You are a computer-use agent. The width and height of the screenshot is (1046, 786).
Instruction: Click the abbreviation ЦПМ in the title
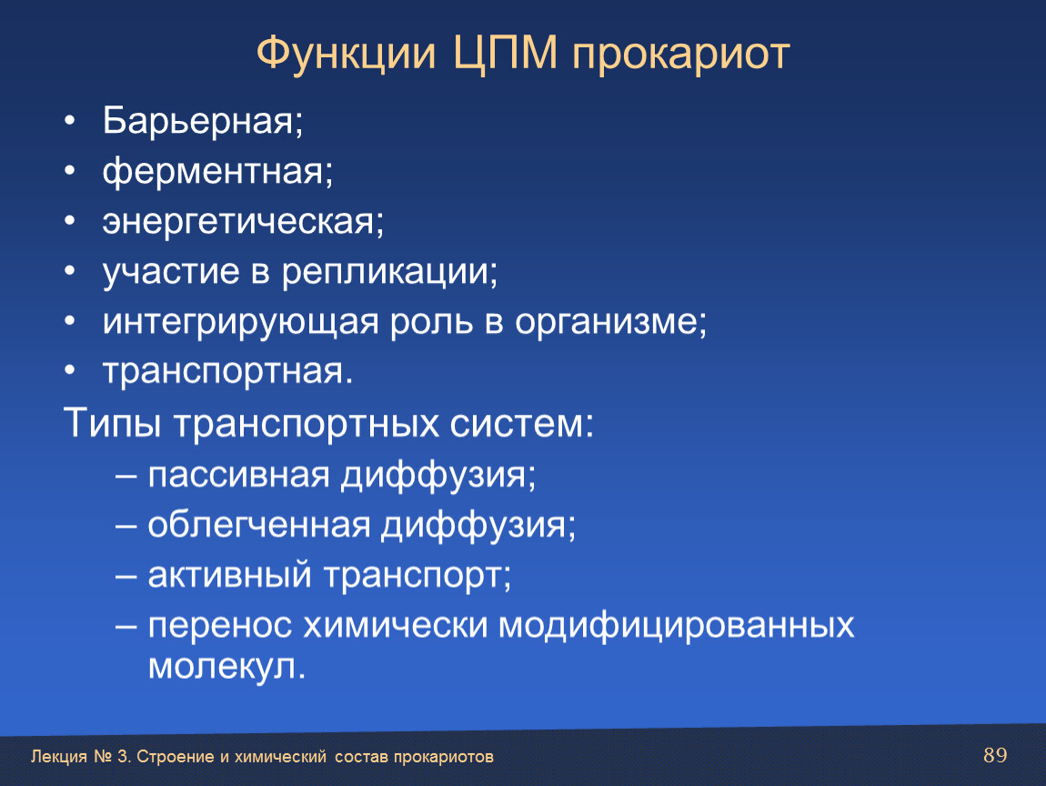tap(505, 54)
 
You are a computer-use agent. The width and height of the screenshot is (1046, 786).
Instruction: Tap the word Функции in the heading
tap(347, 53)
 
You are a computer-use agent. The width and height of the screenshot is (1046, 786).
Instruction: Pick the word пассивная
tap(239, 476)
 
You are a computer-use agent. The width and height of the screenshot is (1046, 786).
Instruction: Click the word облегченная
tap(259, 525)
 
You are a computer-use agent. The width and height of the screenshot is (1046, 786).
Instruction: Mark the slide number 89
tap(995, 755)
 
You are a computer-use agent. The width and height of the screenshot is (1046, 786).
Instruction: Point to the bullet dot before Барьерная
tap(70, 121)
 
